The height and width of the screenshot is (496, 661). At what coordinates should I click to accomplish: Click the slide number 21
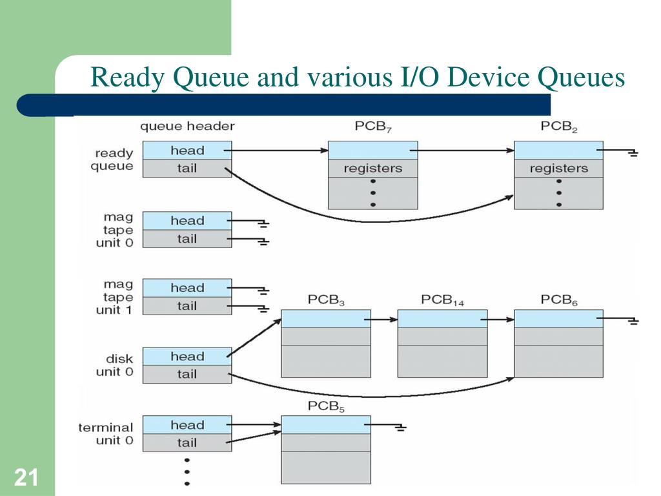tap(26, 478)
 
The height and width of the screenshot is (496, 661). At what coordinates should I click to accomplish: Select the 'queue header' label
tap(187, 127)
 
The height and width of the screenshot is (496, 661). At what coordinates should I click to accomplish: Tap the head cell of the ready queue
tap(187, 150)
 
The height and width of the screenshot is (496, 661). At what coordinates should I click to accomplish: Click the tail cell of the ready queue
tap(187, 169)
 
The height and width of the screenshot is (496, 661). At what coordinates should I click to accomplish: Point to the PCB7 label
tap(373, 127)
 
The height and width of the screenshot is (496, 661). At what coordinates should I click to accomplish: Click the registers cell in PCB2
tap(558, 169)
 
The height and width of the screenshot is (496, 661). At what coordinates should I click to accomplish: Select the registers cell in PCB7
tap(372, 169)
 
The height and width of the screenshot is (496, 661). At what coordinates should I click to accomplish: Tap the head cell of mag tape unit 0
tap(187, 221)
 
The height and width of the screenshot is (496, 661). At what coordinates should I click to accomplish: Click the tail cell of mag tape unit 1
tap(187, 306)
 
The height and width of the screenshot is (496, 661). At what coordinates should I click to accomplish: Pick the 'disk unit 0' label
tap(114, 365)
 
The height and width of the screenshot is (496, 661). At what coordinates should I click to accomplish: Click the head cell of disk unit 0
tap(187, 356)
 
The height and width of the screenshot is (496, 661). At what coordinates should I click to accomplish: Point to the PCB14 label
tap(443, 300)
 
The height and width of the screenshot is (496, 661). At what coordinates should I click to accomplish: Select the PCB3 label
tap(326, 300)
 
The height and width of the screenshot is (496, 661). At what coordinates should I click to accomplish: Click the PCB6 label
tap(559, 300)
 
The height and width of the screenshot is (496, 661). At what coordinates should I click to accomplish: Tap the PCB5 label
tap(326, 407)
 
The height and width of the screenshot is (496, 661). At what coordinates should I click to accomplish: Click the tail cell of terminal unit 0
tap(187, 443)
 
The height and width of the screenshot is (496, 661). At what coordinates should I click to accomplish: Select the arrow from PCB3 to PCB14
tap(384, 319)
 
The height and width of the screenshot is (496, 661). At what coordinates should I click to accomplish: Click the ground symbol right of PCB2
tap(631, 154)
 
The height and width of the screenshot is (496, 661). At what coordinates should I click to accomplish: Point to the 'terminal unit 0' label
tap(106, 434)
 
